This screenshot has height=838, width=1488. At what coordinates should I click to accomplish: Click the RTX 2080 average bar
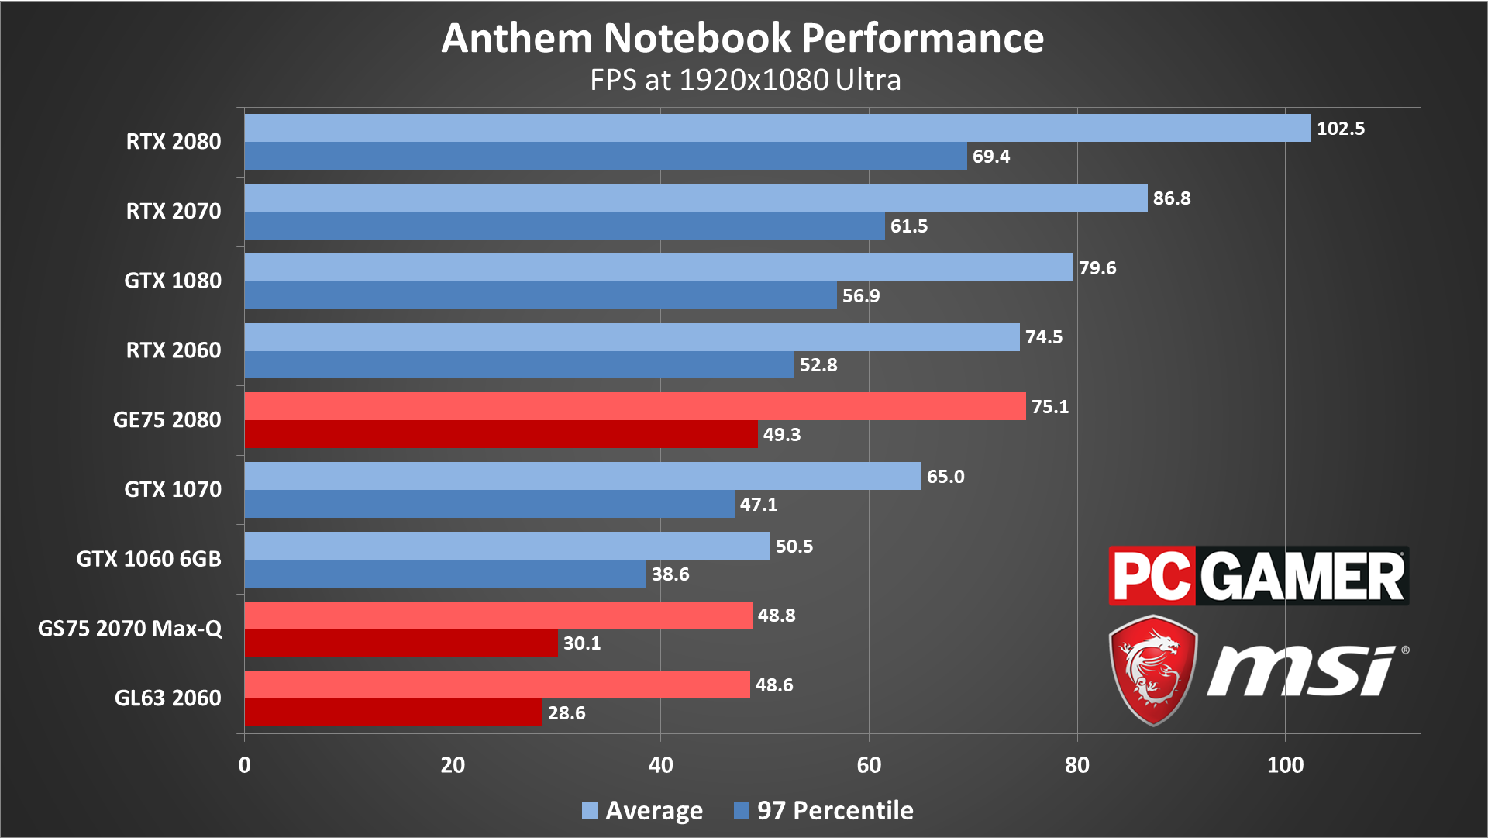(777, 128)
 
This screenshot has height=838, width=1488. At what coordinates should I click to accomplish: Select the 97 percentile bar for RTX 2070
(564, 226)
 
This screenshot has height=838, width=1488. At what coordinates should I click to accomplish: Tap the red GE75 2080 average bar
(635, 406)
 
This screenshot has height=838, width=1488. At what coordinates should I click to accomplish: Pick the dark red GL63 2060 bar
(393, 712)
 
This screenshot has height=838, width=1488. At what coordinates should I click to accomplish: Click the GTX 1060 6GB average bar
(507, 546)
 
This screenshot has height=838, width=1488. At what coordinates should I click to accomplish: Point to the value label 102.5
(1340, 129)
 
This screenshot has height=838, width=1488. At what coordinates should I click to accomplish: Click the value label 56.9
(860, 296)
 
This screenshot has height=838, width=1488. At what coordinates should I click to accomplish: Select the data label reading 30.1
(581, 643)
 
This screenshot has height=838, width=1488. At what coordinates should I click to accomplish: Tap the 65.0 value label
(945, 477)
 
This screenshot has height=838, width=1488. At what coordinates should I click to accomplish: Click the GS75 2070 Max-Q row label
(130, 628)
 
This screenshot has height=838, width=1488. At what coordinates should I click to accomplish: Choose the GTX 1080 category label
(173, 281)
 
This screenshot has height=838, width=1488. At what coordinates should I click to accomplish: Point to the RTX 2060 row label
(174, 350)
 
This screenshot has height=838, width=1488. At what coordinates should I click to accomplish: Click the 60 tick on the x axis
(869, 765)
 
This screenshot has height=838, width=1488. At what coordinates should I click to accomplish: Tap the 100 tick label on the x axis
(1285, 765)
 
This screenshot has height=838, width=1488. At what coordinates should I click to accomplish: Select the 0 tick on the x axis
(245, 765)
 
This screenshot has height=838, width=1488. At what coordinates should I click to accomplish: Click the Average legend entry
(642, 810)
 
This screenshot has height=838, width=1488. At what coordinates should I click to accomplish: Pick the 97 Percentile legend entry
(824, 810)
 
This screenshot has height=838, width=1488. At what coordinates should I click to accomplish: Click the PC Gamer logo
(1258, 576)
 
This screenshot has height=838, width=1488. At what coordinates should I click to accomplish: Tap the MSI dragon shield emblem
(1153, 669)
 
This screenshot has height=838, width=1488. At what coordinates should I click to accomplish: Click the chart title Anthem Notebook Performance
(742, 38)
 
